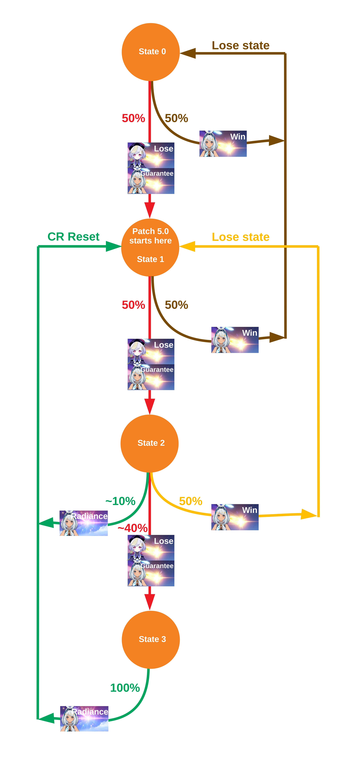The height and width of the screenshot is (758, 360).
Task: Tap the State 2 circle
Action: click(150, 443)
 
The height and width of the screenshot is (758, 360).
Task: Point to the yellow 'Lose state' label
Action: click(241, 237)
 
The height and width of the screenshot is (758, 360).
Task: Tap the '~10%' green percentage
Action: click(120, 501)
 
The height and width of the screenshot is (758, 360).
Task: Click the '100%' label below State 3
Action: click(125, 688)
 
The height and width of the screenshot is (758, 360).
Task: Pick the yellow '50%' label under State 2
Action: click(190, 501)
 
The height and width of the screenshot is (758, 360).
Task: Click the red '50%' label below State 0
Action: click(133, 118)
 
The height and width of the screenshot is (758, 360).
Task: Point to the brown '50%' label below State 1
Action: click(176, 305)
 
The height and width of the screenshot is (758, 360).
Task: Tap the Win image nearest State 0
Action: click(223, 144)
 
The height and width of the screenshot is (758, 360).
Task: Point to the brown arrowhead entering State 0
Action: click(188, 53)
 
